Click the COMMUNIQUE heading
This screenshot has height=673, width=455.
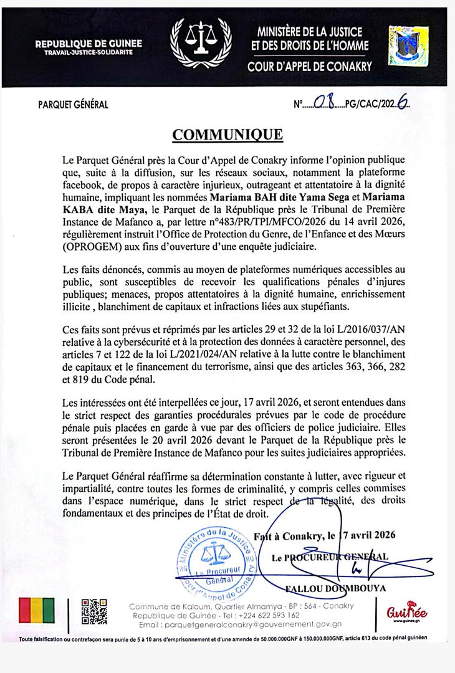coord(228,135)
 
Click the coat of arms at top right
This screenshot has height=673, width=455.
coord(403,44)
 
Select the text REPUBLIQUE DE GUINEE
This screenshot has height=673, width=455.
coord(89,44)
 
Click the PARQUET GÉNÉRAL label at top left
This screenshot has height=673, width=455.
coord(72,105)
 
